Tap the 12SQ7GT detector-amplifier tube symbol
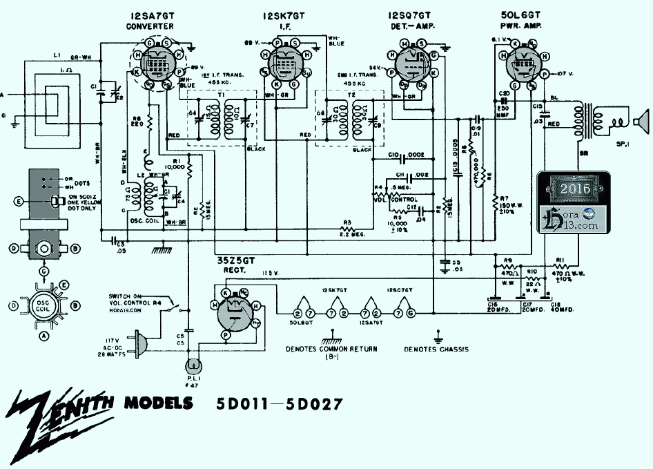coord(413,67)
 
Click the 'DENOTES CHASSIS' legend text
coord(437,350)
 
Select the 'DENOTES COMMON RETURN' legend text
coord(331,349)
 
